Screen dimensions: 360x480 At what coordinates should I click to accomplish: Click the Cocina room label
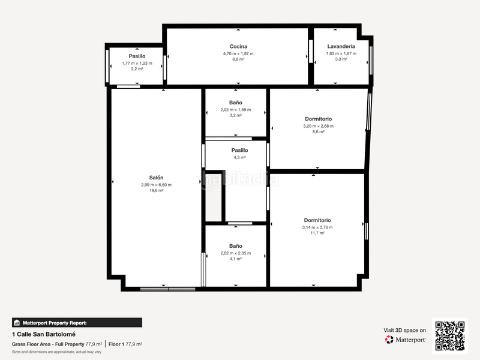(x=238, y=46)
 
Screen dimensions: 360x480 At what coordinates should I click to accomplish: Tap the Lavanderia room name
(x=341, y=46)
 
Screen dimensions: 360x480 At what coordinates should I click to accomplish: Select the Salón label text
(x=156, y=178)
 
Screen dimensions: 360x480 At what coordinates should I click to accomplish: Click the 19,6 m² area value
(x=156, y=191)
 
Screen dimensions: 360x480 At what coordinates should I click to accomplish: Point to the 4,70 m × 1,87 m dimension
(x=238, y=53)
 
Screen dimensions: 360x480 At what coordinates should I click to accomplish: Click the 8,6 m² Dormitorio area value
(x=318, y=132)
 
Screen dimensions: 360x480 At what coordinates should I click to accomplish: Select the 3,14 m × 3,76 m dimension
(x=317, y=227)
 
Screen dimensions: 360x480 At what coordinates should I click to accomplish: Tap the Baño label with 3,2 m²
(x=235, y=103)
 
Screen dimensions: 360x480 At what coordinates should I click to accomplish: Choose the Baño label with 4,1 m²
(x=235, y=246)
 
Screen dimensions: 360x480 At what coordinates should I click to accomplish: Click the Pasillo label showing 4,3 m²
(x=239, y=151)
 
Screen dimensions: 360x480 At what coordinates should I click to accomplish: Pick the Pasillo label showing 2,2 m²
(x=137, y=56)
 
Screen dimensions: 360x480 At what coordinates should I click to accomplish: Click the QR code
(x=450, y=335)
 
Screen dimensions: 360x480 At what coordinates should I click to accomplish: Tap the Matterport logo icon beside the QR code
(x=389, y=340)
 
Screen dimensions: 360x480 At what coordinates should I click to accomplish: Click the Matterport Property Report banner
(x=77, y=322)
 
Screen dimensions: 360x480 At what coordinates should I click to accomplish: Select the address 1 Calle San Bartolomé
(x=43, y=334)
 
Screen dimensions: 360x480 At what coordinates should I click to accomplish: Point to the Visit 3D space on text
(x=405, y=330)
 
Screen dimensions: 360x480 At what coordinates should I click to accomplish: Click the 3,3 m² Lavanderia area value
(x=341, y=59)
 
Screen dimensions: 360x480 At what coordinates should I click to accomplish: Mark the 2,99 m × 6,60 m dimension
(x=156, y=185)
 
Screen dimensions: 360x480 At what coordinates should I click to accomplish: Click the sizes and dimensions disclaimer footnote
(x=52, y=352)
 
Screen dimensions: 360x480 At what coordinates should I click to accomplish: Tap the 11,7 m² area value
(x=317, y=233)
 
